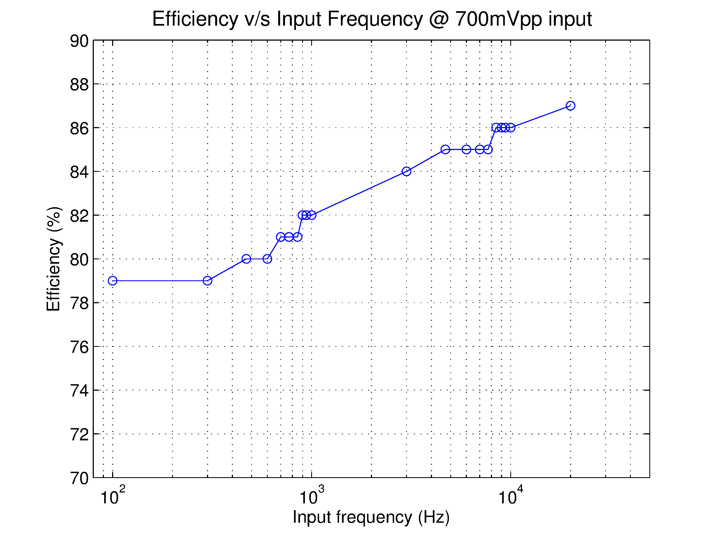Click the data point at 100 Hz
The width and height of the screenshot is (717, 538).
click(112, 281)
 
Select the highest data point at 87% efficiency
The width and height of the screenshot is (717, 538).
click(571, 106)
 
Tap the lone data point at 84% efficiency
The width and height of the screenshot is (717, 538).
click(406, 172)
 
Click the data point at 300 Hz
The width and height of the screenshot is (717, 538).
click(208, 281)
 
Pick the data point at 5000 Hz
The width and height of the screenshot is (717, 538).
click(445, 149)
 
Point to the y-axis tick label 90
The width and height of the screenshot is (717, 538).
click(79, 41)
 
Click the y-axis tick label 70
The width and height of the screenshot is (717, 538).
click(79, 478)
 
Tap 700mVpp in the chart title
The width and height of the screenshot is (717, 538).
click(499, 19)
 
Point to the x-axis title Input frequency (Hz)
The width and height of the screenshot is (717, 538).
click(371, 517)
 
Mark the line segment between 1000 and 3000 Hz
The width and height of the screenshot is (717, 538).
click(359, 193)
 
